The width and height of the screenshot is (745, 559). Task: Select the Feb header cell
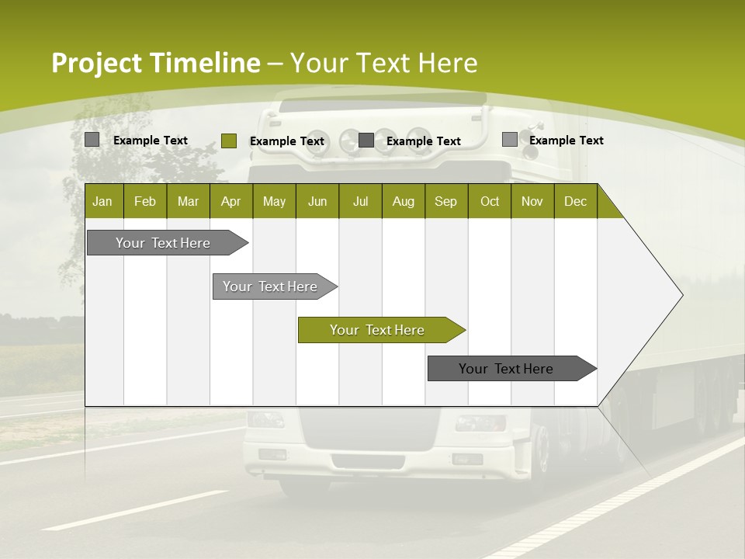pyautogui.click(x=145, y=201)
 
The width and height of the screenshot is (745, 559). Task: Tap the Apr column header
pyautogui.click(x=231, y=201)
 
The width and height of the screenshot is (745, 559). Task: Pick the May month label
pyautogui.click(x=274, y=201)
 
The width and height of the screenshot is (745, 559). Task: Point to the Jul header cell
pyautogui.click(x=361, y=201)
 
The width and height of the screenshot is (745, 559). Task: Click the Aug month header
pyautogui.click(x=404, y=201)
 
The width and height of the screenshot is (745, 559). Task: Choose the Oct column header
pyautogui.click(x=490, y=201)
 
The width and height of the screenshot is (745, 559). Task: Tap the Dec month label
pyautogui.click(x=576, y=201)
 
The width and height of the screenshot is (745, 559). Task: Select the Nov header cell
pyautogui.click(x=532, y=201)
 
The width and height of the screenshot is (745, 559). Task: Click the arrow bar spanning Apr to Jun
pyautogui.click(x=275, y=286)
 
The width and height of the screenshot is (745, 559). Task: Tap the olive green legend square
pyautogui.click(x=229, y=141)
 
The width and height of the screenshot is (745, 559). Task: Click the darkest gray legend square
pyautogui.click(x=366, y=141)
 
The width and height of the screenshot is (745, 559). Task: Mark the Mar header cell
pyautogui.click(x=188, y=201)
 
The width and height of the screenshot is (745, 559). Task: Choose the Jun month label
pyautogui.click(x=317, y=201)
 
